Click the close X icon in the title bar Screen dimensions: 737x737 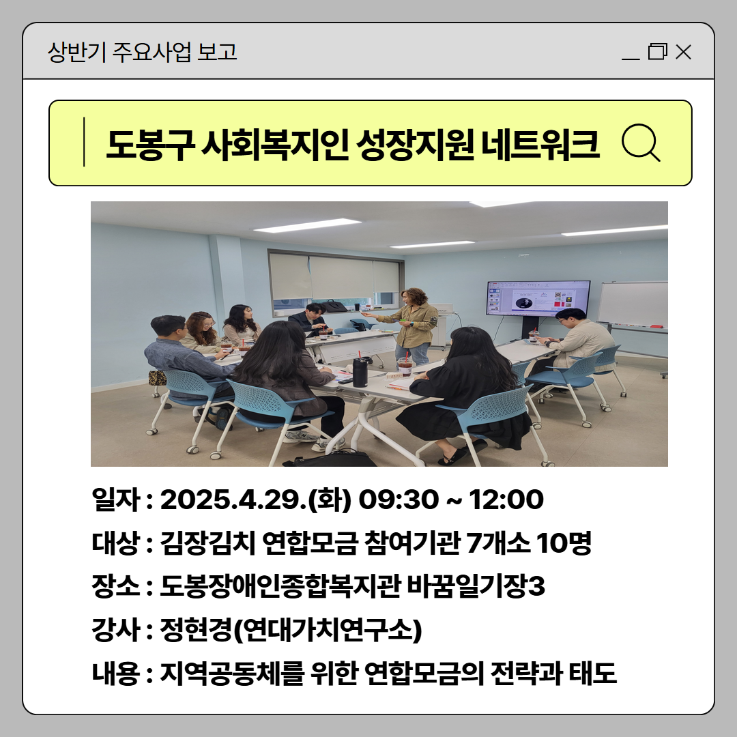click(x=683, y=52)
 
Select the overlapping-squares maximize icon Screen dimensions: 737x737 click(x=658, y=51)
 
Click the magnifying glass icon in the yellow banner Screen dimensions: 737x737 click(x=641, y=143)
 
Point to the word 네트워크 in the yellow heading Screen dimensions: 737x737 click(x=540, y=144)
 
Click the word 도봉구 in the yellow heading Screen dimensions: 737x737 click(x=150, y=144)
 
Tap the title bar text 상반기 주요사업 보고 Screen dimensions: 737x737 click(x=143, y=52)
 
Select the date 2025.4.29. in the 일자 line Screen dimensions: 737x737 click(x=233, y=499)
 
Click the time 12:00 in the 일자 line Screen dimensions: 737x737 click(x=506, y=499)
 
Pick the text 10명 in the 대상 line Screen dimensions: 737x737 click(x=564, y=543)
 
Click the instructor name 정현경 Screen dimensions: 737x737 click(x=196, y=630)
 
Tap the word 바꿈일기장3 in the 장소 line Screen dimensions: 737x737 click(x=475, y=586)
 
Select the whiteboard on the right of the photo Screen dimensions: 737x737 click(x=633, y=304)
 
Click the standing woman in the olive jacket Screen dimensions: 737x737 click(x=410, y=326)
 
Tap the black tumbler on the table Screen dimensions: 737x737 click(x=360, y=372)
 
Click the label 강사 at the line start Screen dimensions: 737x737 click(x=115, y=630)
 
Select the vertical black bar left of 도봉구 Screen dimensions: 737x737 click(x=84, y=142)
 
